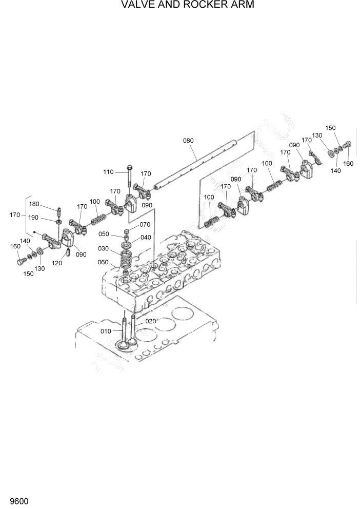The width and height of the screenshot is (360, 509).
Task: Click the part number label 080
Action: tap(188, 140)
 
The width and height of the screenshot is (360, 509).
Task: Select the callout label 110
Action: tap(109, 172)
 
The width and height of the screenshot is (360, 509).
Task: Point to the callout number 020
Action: tap(150, 321)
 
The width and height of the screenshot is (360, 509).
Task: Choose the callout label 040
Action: tap(146, 237)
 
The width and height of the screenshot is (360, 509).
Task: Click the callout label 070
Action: tap(145, 224)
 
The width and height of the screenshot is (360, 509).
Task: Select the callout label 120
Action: tap(56, 263)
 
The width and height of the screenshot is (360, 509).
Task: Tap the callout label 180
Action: tap(48, 204)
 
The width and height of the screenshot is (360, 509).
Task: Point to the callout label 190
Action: tap(48, 218)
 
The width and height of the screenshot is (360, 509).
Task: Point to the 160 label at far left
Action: tap(15, 246)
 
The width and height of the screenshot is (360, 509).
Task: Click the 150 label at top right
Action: tap(330, 128)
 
